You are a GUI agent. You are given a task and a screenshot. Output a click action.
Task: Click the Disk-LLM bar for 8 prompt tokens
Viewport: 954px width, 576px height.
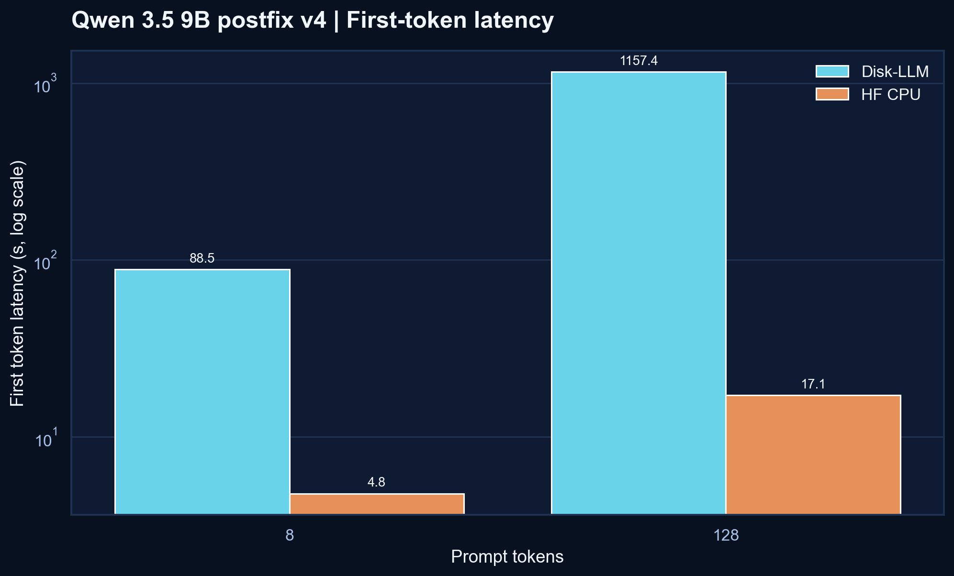click(x=202, y=392)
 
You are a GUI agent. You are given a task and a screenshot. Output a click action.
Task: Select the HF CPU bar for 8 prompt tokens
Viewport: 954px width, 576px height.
click(x=377, y=504)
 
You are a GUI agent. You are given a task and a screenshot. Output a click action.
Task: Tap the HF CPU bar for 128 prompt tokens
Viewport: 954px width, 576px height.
click(x=813, y=454)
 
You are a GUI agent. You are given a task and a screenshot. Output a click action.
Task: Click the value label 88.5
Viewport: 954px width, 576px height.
click(x=202, y=259)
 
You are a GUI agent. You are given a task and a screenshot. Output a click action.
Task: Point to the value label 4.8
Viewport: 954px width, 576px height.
click(x=376, y=482)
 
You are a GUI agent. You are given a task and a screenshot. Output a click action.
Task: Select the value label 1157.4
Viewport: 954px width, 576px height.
click(x=639, y=61)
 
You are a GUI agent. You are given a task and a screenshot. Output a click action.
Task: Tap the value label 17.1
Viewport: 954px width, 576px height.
click(x=813, y=384)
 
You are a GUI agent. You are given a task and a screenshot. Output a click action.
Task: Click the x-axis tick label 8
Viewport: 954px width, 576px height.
click(x=289, y=535)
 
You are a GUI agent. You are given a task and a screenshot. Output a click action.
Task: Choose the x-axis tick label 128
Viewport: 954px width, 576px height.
click(x=726, y=535)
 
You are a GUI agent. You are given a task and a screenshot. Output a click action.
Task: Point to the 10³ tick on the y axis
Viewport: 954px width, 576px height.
click(x=45, y=85)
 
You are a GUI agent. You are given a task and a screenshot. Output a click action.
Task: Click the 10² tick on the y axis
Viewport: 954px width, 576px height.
click(x=45, y=262)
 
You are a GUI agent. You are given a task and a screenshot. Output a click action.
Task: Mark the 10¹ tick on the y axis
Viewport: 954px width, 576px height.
click(x=45, y=439)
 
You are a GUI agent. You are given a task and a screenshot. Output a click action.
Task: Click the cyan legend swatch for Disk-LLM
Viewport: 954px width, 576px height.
click(x=832, y=71)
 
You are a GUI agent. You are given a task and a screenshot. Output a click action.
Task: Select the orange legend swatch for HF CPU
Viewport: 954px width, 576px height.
click(x=832, y=94)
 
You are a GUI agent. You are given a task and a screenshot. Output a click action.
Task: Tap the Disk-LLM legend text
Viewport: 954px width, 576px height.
click(x=895, y=72)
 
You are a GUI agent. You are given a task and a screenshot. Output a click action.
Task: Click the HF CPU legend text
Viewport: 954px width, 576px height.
click(x=890, y=95)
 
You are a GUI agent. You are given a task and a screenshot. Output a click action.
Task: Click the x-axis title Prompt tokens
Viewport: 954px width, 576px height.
click(x=507, y=557)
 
